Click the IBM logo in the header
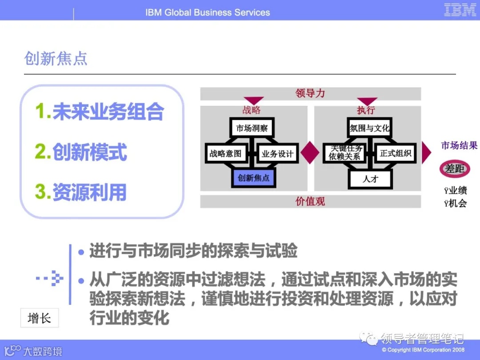coord(460,10)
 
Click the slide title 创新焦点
coord(56,59)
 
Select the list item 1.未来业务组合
coord(100,112)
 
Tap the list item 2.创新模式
coord(81,152)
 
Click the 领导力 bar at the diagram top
coord(310,93)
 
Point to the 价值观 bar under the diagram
coord(310,201)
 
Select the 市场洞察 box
coord(252,128)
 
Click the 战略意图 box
coord(225,154)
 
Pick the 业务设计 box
coord(277,154)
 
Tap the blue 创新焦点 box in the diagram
coord(253,178)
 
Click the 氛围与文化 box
coord(369,128)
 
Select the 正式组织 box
coord(396,153)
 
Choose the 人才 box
coord(370,179)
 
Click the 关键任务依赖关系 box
coord(345,153)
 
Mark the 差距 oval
coord(455,169)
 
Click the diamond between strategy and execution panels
coord(310,153)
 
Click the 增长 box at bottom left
coord(39,318)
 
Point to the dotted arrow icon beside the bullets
coord(50,279)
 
